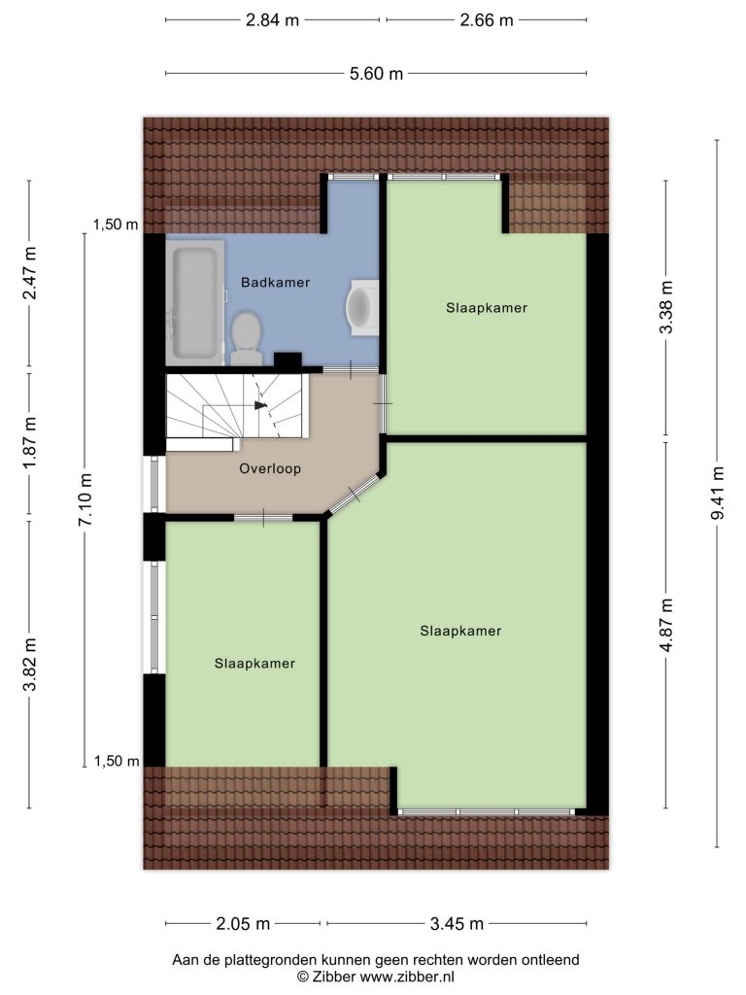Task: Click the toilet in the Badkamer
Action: [x=246, y=337]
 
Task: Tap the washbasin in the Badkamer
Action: [x=362, y=307]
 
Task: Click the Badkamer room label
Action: [x=275, y=283]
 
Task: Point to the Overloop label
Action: [x=270, y=468]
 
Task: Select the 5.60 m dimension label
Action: [x=376, y=74]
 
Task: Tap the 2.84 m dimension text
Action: [x=272, y=20]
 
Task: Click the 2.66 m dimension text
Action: [x=487, y=20]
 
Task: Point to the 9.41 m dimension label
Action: [x=717, y=493]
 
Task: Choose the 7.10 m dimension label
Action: [x=85, y=499]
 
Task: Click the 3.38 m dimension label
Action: [x=666, y=307]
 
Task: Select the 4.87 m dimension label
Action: [x=666, y=625]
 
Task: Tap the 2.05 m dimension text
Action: [x=243, y=924]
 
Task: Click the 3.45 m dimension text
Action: [x=457, y=924]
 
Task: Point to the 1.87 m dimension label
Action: [x=29, y=443]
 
